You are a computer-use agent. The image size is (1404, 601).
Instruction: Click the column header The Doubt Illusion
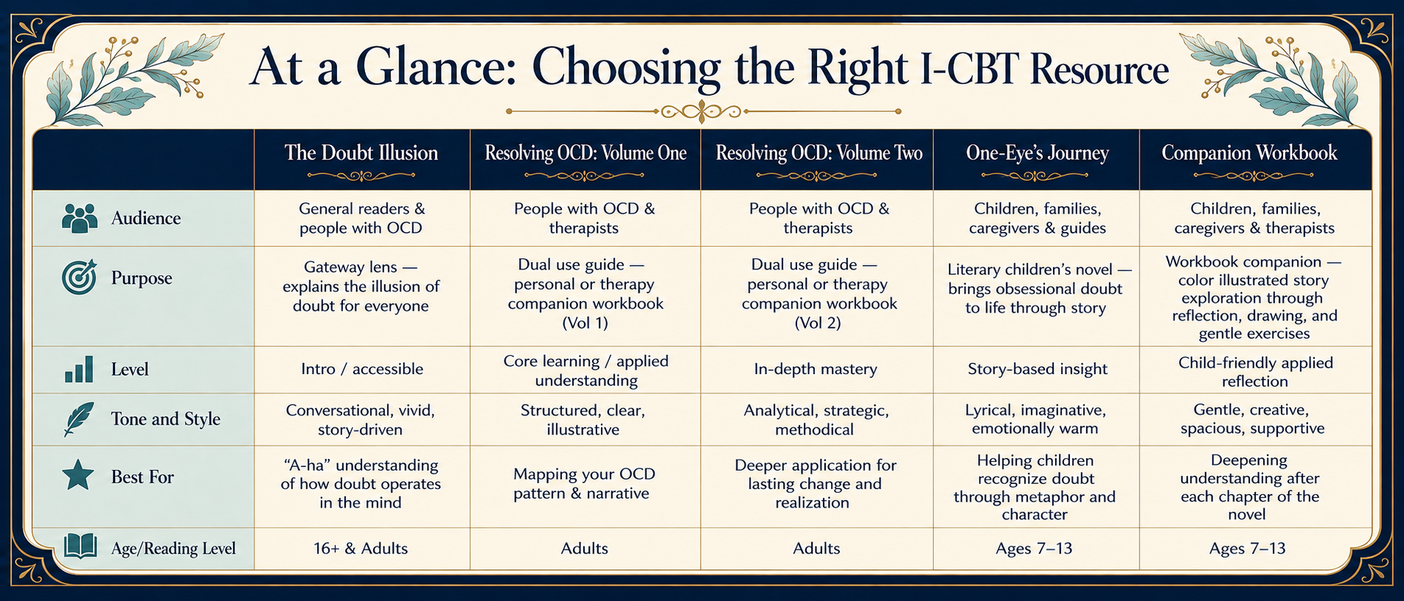click(361, 153)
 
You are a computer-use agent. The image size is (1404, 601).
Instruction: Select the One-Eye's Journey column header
click(1037, 153)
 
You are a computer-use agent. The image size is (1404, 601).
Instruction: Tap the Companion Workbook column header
click(1249, 153)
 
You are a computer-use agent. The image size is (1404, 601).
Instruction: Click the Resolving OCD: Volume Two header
click(819, 153)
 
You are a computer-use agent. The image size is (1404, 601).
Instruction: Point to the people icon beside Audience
click(80, 218)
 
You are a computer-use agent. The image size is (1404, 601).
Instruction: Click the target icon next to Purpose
click(80, 277)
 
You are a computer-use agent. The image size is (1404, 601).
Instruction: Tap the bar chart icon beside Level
click(79, 369)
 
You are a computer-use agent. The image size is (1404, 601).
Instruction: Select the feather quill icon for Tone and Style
click(79, 419)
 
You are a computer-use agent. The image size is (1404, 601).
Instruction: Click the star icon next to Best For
click(78, 476)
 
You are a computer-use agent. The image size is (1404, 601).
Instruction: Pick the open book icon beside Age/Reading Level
click(80, 546)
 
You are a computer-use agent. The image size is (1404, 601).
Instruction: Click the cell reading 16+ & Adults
click(361, 548)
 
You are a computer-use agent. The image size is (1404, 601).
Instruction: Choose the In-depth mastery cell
click(816, 369)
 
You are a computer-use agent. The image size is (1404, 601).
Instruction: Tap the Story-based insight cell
click(1037, 369)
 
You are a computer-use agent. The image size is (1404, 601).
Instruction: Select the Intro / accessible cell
click(362, 369)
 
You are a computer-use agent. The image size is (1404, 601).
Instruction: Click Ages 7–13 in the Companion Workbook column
click(1247, 548)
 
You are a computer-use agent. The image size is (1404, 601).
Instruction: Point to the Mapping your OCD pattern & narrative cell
click(581, 483)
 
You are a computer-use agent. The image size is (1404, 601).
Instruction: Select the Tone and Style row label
click(166, 419)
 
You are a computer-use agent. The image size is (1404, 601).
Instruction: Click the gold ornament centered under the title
click(703, 111)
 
